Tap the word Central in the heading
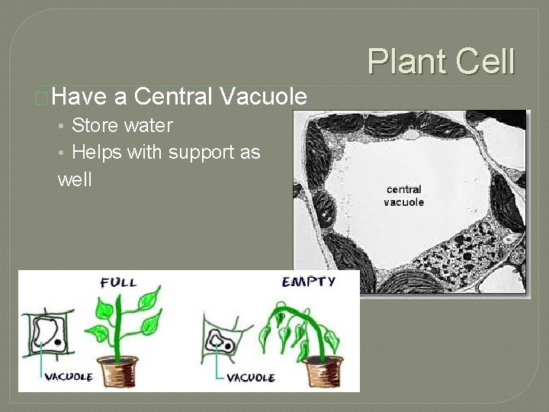coord(173,97)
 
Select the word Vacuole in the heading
coord(263,97)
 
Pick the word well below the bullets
coord(74,180)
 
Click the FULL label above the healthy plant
coord(118,282)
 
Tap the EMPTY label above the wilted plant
coord(308,282)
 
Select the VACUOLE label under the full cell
coord(69,376)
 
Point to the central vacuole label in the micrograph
coord(403,195)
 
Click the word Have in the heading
coord(79,97)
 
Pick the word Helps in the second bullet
coord(97,152)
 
